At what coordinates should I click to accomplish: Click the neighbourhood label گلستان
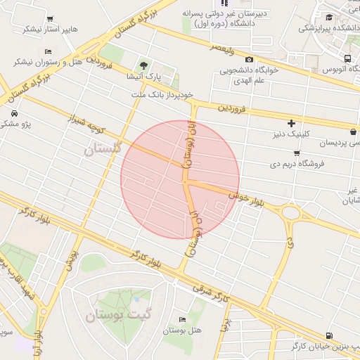coord(103,148)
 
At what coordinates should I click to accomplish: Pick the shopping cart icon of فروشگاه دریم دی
coord(297,153)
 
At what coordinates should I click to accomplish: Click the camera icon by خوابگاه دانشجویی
coord(250,60)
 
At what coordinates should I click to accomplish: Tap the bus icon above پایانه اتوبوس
coord(347,58)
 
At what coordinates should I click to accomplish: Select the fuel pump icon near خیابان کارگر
coord(330,335)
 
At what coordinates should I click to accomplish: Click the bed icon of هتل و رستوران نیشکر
coord(47,51)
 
